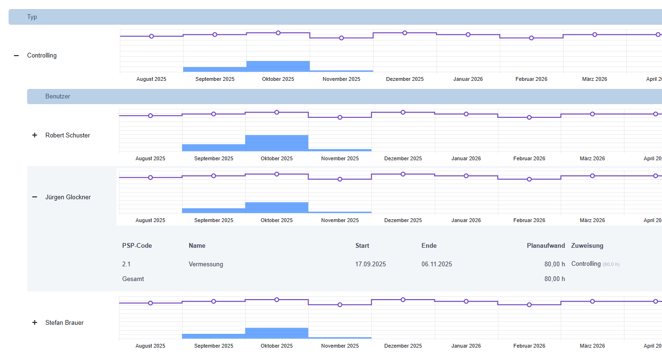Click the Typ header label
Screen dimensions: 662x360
pos(32,17)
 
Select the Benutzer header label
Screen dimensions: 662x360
pos(58,97)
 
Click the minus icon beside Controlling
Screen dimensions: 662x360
pos(16,56)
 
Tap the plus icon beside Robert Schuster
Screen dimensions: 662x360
pos(35,135)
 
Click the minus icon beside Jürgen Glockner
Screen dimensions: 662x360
pos(35,197)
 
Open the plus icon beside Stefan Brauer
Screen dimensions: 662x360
pos(35,322)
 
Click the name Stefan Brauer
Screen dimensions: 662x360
pos(64,322)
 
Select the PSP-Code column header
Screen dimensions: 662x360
pos(137,245)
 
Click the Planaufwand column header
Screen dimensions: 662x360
pos(545,245)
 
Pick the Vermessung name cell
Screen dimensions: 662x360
pos(206,264)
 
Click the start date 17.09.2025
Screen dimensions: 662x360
pos(370,264)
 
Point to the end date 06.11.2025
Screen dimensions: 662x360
pos(437,264)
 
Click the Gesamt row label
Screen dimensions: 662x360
pos(133,279)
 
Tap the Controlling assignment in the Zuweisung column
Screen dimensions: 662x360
pos(586,263)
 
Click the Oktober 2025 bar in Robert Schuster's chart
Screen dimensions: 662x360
pos(277,143)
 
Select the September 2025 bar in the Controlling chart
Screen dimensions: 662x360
pos(215,69)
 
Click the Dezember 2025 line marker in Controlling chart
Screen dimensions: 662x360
pos(405,33)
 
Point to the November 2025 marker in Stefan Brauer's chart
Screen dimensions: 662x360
pos(340,305)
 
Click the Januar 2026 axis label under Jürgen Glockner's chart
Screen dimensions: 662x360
pos(466,220)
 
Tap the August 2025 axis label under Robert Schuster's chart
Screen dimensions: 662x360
pos(150,158)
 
